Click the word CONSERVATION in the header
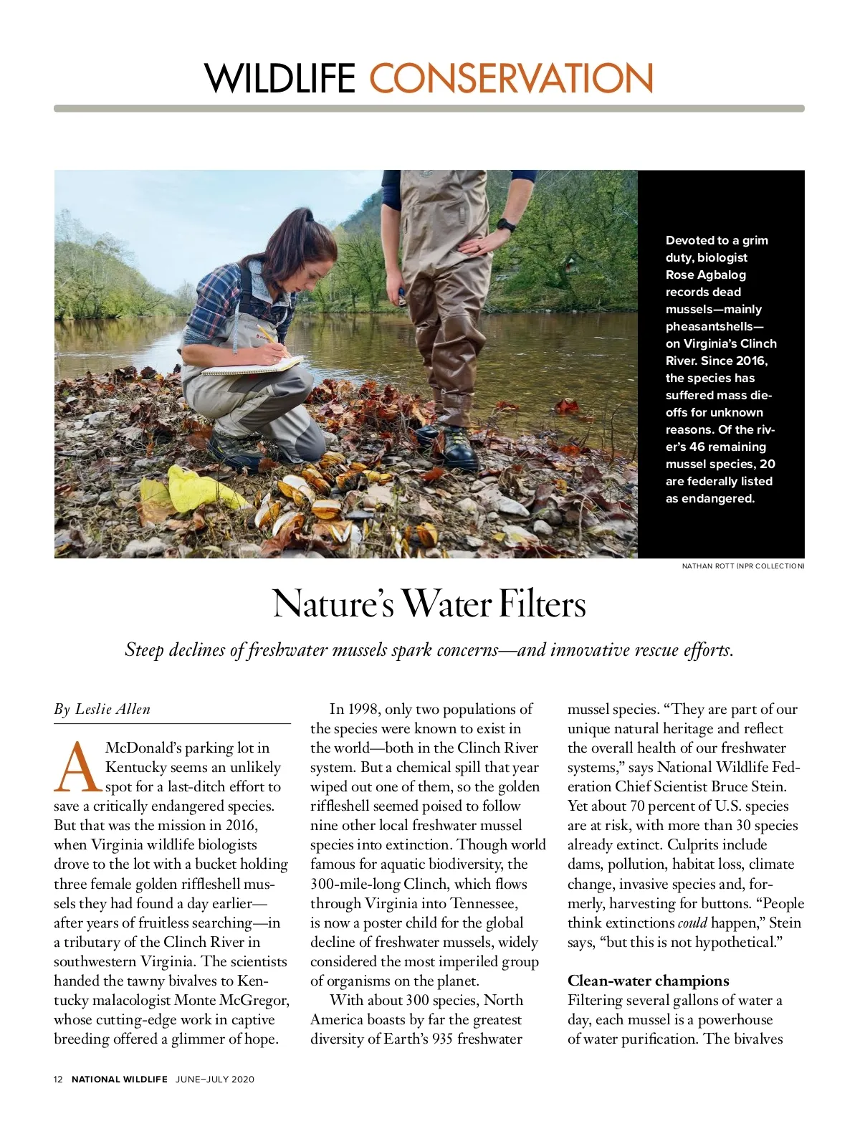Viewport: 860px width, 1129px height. (511, 78)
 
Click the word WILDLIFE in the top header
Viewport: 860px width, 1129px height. (280, 78)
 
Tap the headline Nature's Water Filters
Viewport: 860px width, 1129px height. (429, 604)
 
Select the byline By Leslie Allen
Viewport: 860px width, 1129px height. (102, 710)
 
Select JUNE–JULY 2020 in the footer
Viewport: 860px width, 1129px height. (215, 1079)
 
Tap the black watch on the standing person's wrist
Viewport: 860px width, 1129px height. (506, 225)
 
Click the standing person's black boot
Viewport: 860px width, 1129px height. (459, 449)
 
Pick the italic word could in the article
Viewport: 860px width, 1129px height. (692, 923)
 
